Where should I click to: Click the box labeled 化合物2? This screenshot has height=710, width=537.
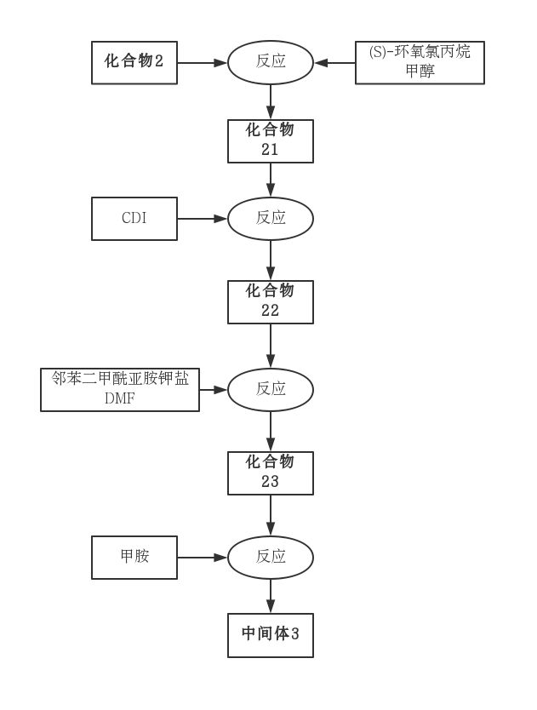click(x=134, y=62)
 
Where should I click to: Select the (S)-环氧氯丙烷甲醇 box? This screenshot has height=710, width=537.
click(x=420, y=62)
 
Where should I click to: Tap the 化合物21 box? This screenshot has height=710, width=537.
click(x=270, y=140)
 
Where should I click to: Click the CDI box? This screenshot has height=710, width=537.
click(x=134, y=218)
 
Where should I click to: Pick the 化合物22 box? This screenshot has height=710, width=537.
click(x=270, y=301)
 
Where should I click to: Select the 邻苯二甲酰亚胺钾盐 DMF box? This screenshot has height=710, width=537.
click(x=120, y=389)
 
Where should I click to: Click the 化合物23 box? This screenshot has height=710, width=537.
click(x=270, y=472)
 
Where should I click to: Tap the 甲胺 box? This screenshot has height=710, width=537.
click(x=134, y=557)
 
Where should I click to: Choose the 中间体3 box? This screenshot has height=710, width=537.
click(x=270, y=634)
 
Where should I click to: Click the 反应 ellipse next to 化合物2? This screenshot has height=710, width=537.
click(x=270, y=62)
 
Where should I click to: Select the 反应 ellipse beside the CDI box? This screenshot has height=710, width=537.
click(x=270, y=218)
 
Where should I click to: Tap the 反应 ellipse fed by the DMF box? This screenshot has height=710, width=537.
click(x=270, y=389)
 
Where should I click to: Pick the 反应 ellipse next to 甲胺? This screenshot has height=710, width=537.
click(x=270, y=557)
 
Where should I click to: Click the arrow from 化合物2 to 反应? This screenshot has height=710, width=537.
click(x=203, y=62)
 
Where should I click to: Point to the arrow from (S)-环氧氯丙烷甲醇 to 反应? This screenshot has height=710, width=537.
click(x=334, y=62)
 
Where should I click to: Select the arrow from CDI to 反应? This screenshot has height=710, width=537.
click(x=203, y=218)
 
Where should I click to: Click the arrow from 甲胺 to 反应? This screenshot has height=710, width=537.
click(x=203, y=557)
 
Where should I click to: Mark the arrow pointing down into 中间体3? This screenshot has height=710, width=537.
click(x=270, y=596)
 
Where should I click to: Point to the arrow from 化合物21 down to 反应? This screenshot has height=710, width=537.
click(x=270, y=180)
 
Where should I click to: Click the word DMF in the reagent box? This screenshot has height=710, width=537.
click(x=120, y=398)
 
